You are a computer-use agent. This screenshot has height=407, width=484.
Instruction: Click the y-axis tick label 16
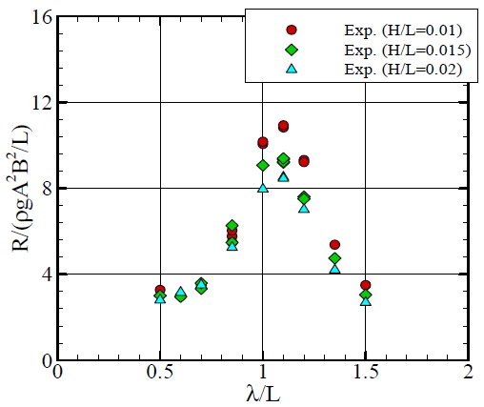(37, 17)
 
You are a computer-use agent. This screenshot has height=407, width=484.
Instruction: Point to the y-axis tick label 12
(37, 103)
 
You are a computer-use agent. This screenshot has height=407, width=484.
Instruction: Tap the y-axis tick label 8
(42, 189)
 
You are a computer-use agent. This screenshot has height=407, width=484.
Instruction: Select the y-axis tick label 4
(42, 275)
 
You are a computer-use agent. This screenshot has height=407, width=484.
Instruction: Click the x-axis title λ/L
(263, 393)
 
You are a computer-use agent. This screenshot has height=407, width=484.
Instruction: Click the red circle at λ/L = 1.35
(335, 245)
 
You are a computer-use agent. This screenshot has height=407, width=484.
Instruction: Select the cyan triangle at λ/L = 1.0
(263, 188)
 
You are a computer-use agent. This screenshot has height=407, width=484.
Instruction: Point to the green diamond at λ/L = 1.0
(263, 165)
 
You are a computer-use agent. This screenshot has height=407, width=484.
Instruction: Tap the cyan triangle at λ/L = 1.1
(283, 176)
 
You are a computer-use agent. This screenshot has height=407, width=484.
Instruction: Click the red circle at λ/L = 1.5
(366, 285)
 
